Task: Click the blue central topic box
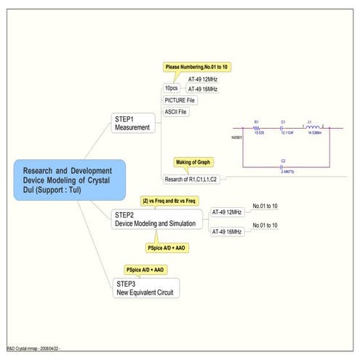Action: [69, 180]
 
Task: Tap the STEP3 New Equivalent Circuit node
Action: [145, 288]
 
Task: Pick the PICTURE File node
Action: [180, 100]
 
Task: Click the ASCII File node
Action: [176, 112]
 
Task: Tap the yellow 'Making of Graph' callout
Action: [193, 161]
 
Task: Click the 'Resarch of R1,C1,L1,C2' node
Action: [193, 177]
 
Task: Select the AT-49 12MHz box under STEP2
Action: [227, 212]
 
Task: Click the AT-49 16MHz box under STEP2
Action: [227, 231]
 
